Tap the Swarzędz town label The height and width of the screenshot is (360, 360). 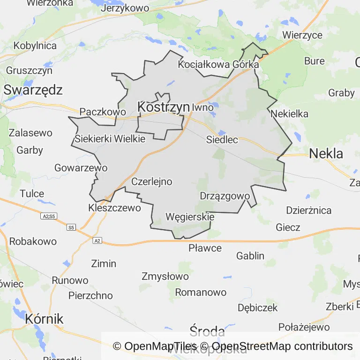point(33,90)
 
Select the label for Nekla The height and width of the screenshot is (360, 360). point(326,153)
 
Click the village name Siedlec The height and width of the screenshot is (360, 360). point(222,140)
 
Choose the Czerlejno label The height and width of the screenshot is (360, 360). point(151,181)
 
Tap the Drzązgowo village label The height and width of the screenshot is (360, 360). point(222,196)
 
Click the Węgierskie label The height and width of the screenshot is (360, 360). point(190,217)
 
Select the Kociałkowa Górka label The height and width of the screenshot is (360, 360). point(218,65)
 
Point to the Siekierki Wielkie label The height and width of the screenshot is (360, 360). point(110,139)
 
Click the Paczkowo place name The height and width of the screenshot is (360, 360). point(103,112)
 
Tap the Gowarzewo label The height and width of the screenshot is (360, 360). point(81,168)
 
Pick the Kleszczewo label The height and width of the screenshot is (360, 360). point(114,208)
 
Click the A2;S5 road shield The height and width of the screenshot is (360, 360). point(49,216)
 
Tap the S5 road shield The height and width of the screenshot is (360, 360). point(71,227)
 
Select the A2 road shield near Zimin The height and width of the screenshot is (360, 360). point(97,240)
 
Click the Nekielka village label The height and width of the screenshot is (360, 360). point(290,113)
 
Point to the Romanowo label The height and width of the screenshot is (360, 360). point(201,292)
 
